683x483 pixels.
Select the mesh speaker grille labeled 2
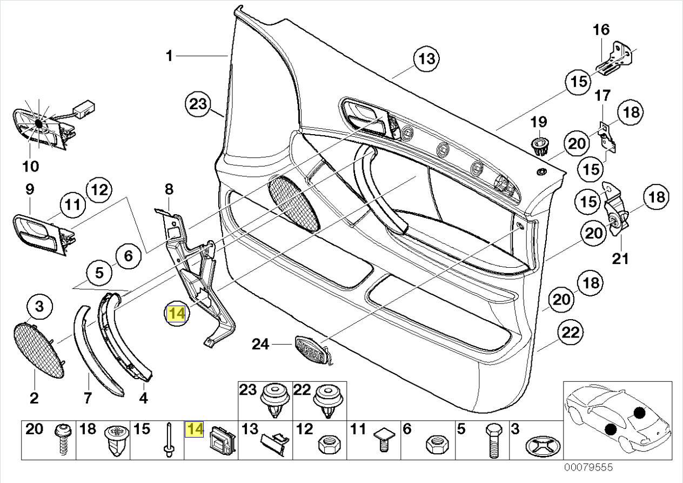[39, 349]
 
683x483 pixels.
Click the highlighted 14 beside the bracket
[177, 314]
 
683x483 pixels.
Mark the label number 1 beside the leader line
[169, 56]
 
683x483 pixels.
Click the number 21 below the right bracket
[620, 259]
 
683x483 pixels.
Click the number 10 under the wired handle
[31, 166]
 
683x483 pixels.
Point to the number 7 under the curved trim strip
[88, 399]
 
